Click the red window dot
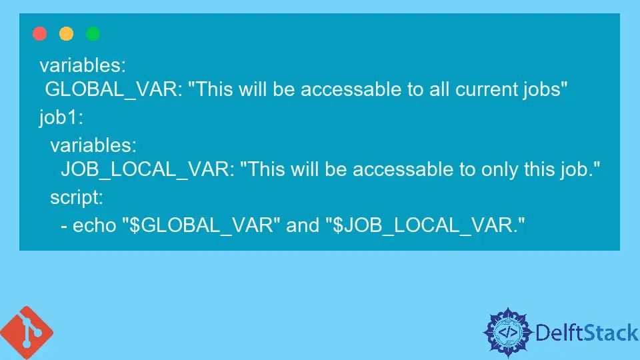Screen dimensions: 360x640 pos(40,34)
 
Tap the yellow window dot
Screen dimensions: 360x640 pos(67,34)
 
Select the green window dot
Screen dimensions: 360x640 pos(93,34)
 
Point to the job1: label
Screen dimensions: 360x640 pos(59,117)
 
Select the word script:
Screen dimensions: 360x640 pos(76,198)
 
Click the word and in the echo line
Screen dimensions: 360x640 pos(303,225)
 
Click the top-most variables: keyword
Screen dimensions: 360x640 pos(83,65)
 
